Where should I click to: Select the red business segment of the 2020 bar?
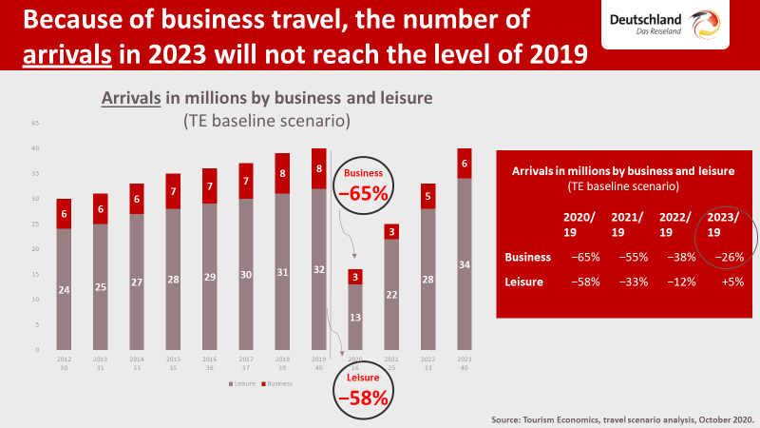pyautogui.click(x=355, y=277)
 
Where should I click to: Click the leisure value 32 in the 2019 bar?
pyautogui.click(x=318, y=269)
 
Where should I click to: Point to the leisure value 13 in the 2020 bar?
pyautogui.click(x=355, y=318)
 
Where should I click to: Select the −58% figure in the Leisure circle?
pyautogui.click(x=364, y=398)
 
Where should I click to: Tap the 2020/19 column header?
pyautogui.click(x=579, y=224)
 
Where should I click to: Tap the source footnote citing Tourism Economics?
pyautogui.click(x=622, y=418)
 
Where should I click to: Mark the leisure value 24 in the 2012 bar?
pyautogui.click(x=65, y=290)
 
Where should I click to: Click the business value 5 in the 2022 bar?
pyautogui.click(x=428, y=197)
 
